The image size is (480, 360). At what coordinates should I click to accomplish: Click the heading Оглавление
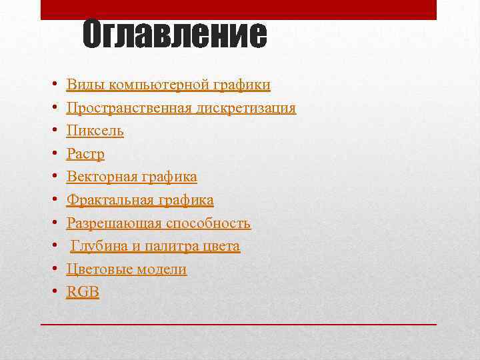pyautogui.click(x=175, y=35)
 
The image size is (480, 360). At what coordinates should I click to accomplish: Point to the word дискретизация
pyautogui.click(x=246, y=108)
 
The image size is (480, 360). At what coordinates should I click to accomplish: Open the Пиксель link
pyautogui.click(x=95, y=131)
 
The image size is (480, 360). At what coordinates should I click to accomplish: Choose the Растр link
pyautogui.click(x=85, y=154)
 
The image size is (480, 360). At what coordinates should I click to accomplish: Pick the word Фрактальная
pyautogui.click(x=109, y=200)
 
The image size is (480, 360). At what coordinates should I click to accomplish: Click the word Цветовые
pyautogui.click(x=100, y=269)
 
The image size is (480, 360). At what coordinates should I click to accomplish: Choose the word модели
pyautogui.click(x=162, y=269)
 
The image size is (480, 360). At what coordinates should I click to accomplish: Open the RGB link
pyautogui.click(x=83, y=292)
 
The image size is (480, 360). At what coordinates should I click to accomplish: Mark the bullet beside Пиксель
pyautogui.click(x=52, y=131)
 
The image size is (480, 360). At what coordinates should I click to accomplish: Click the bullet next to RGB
pyautogui.click(x=52, y=293)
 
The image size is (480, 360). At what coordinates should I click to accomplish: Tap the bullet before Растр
pyautogui.click(x=52, y=155)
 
